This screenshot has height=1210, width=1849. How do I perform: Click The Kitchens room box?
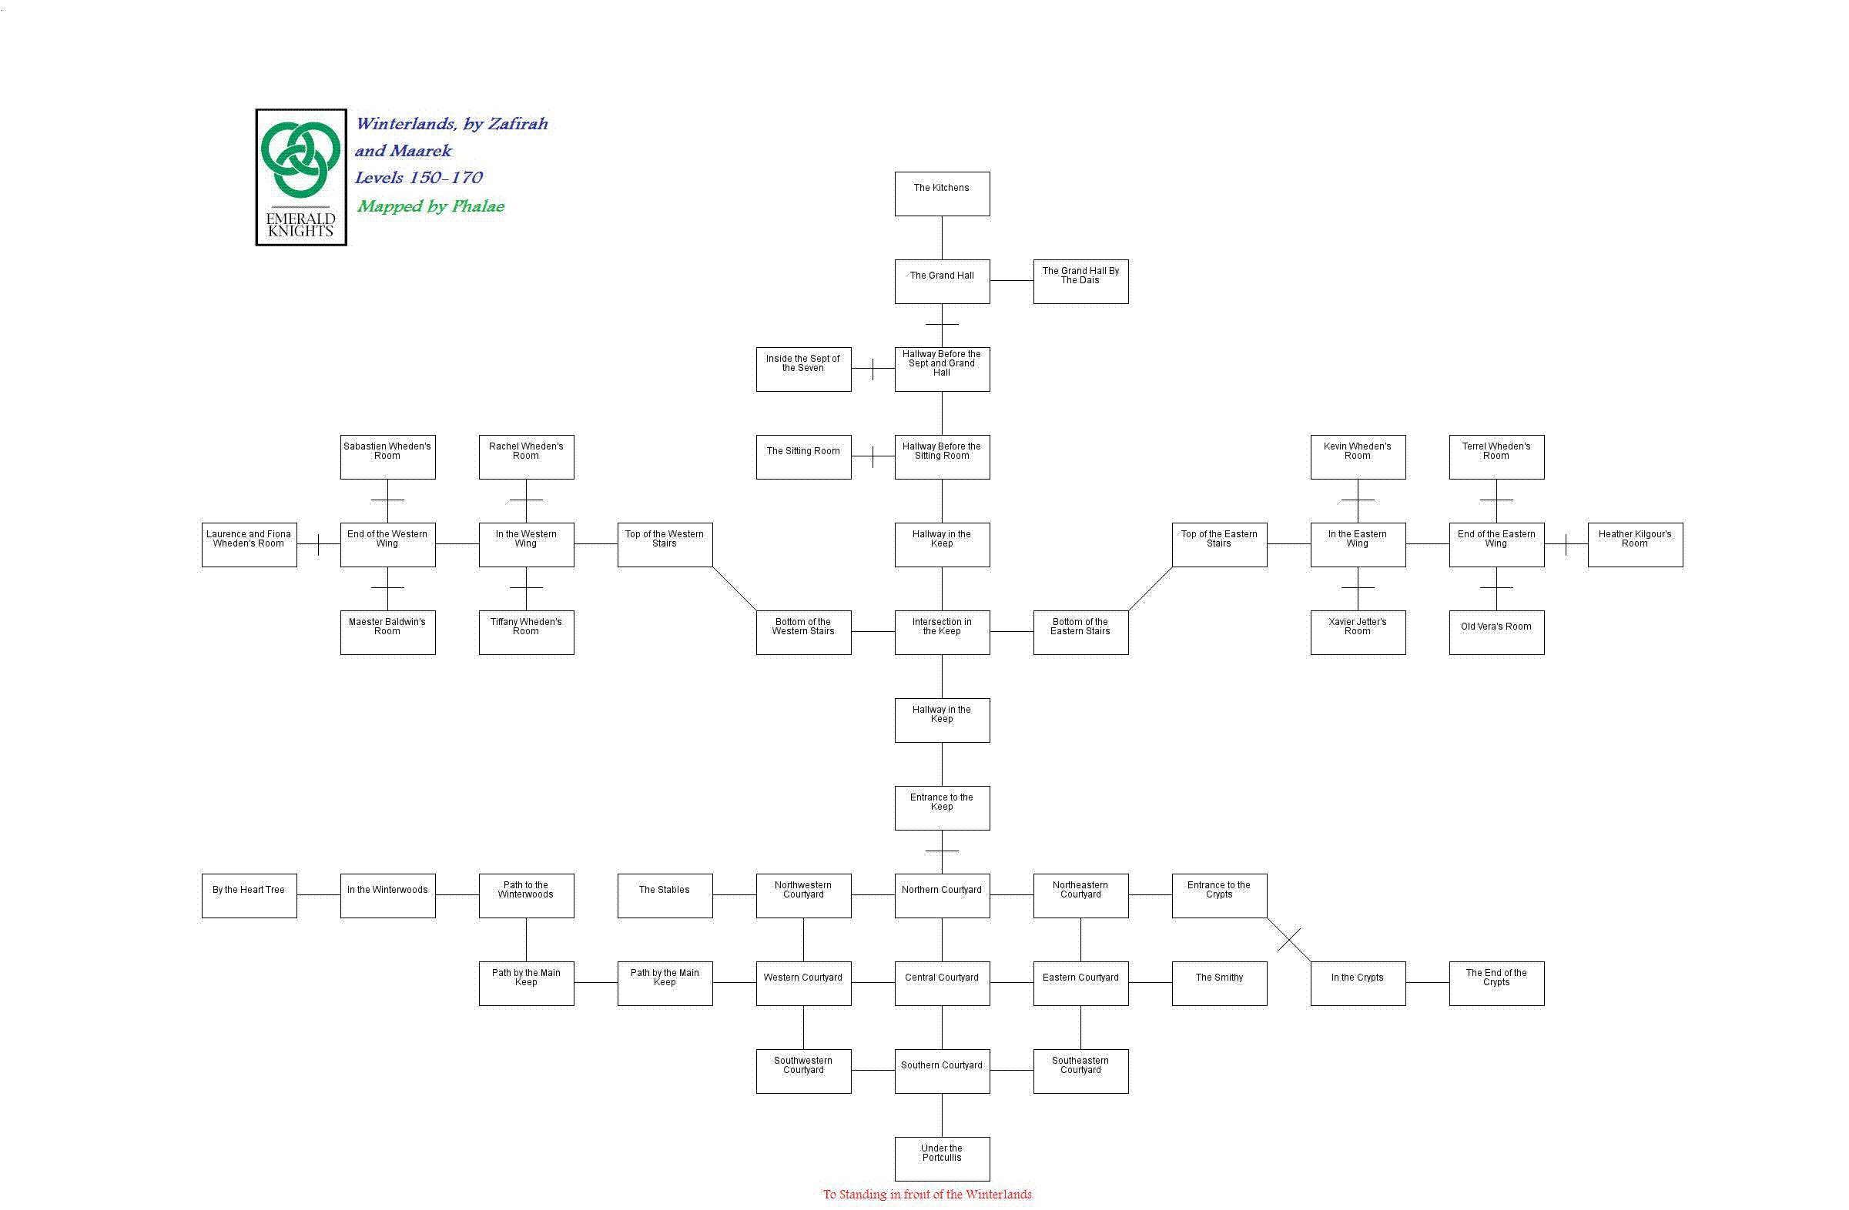tap(942, 193)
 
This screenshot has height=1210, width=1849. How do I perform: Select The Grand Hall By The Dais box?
tap(1080, 281)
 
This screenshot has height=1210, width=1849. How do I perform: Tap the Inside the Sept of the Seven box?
tap(803, 369)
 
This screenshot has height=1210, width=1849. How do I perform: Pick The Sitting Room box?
tap(803, 456)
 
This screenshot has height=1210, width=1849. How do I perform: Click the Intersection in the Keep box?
tap(942, 632)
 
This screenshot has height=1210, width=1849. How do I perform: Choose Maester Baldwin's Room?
tap(387, 632)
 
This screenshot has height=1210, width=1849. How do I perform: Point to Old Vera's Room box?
tap(1496, 632)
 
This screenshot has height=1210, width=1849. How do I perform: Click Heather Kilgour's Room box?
tap(1635, 544)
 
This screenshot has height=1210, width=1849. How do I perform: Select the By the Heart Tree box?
tap(249, 895)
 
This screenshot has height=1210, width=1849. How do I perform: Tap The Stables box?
tap(665, 895)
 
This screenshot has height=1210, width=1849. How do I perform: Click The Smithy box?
tap(1219, 983)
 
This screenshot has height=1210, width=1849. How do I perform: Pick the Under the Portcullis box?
tap(942, 1158)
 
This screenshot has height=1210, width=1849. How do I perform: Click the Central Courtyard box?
tap(942, 983)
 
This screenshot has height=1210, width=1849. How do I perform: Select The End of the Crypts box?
tap(1496, 983)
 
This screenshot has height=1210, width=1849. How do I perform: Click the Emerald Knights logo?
tap(300, 177)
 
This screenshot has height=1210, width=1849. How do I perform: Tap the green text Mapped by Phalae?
tap(430, 206)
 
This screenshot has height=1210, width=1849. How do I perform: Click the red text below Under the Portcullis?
tap(927, 1195)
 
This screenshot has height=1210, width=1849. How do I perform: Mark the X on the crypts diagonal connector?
tap(1289, 940)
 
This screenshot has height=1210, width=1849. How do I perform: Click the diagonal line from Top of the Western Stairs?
tap(734, 589)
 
